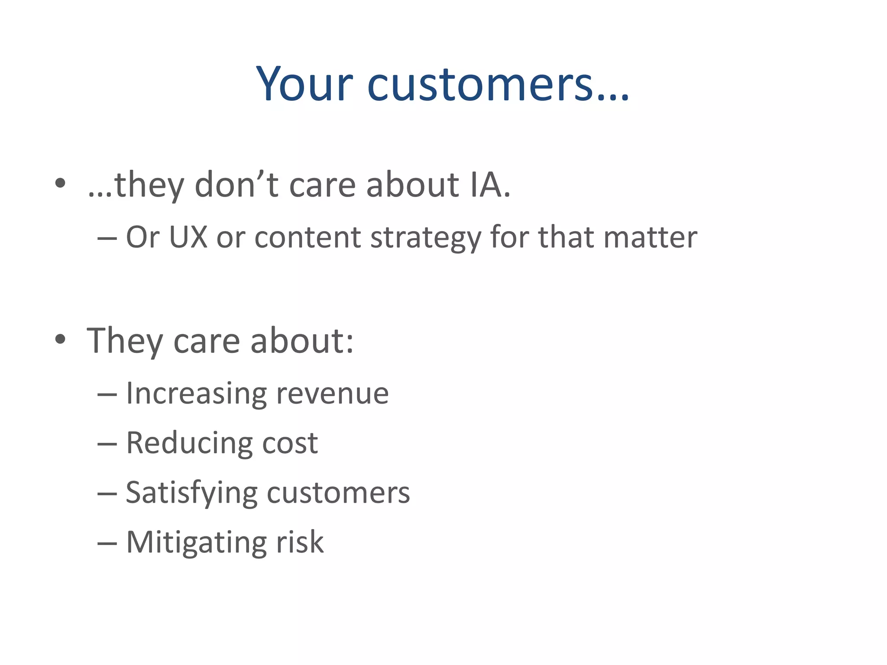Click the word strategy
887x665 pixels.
[425, 238]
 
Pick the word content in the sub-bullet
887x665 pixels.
[308, 237]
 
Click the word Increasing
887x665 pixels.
[196, 394]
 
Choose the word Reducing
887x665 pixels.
[189, 443]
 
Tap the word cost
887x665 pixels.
[290, 443]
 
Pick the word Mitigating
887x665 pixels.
[196, 542]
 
